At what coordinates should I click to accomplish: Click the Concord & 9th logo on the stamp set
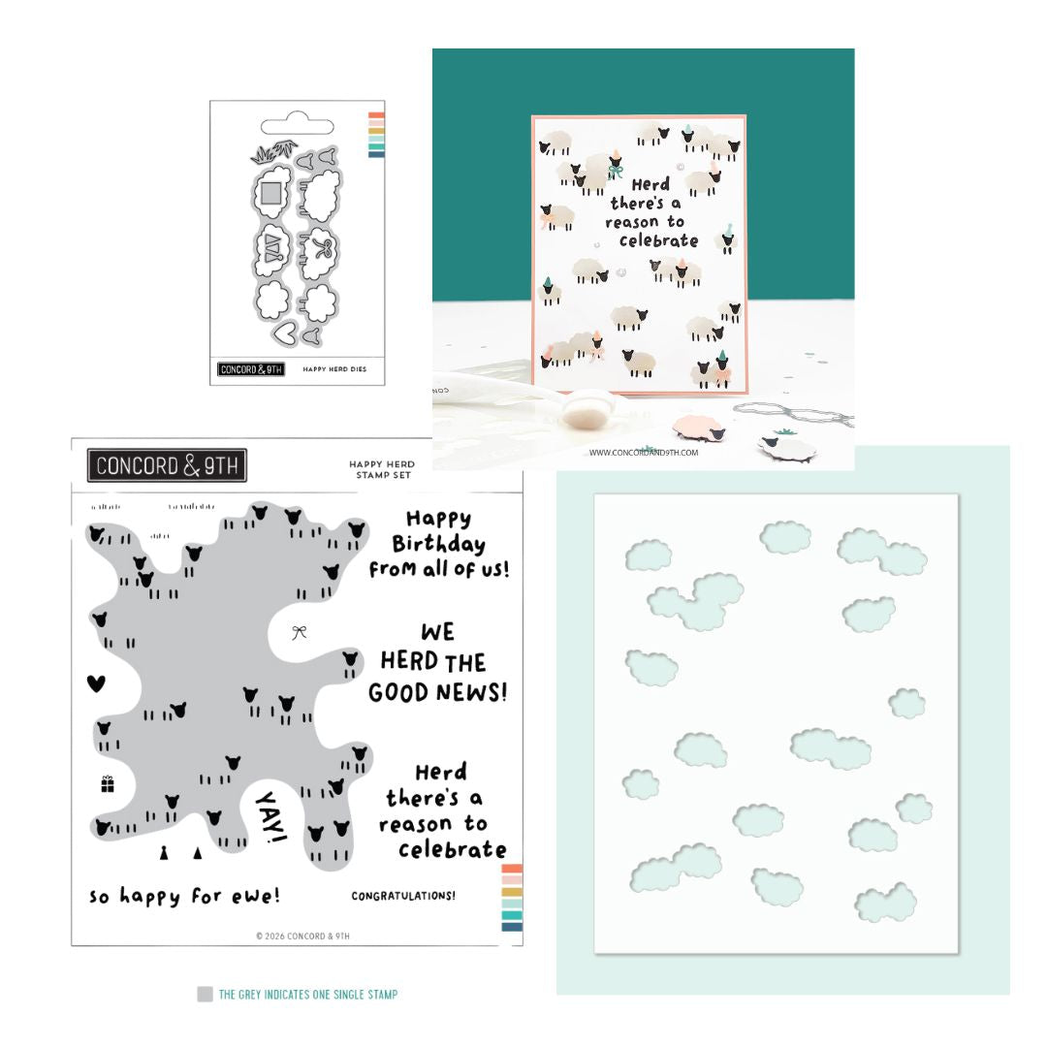167,465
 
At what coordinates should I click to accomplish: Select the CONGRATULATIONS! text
403,896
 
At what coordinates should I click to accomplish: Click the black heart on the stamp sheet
95,683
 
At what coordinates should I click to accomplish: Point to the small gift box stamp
107,783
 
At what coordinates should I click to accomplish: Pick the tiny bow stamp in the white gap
300,632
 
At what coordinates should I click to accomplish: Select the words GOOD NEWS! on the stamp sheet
437,692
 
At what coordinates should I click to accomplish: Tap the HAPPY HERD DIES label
334,369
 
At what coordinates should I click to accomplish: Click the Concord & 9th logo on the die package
252,369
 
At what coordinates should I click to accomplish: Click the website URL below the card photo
643,452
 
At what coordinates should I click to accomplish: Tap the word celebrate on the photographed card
658,240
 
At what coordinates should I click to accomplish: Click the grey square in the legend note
205,994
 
